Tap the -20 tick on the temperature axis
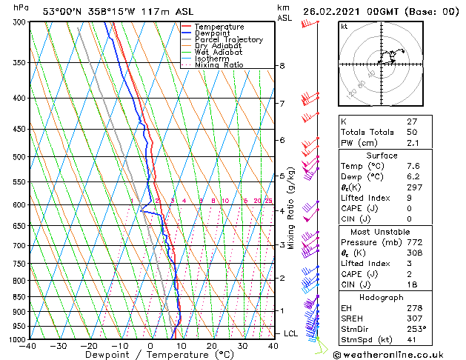click(x=88, y=345)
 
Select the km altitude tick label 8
click(x=282, y=66)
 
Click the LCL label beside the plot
click(x=290, y=334)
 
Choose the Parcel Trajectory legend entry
click(x=228, y=40)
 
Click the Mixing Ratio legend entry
click(x=219, y=65)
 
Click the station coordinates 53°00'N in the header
click(x=61, y=11)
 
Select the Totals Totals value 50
click(x=413, y=131)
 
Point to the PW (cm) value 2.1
click(x=413, y=143)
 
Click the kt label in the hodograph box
click(x=344, y=26)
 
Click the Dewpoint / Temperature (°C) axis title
click(x=150, y=355)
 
